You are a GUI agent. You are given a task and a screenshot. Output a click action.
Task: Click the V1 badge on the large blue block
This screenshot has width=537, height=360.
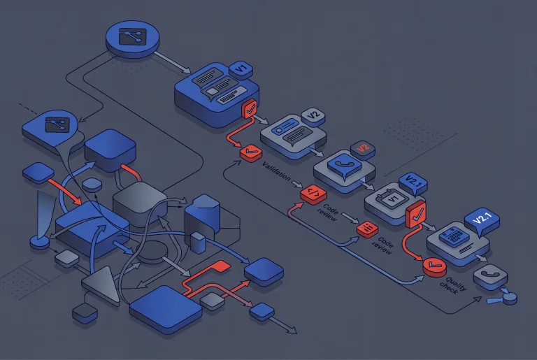click(x=241, y=69)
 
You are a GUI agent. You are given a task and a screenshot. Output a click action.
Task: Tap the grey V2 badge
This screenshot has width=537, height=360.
click(x=313, y=116)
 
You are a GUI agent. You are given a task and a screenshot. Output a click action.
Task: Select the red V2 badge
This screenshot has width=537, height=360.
click(x=363, y=149)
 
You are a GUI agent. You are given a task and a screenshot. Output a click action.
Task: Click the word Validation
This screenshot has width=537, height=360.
click(x=275, y=171)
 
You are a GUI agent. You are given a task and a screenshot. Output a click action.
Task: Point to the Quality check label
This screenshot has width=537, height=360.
click(x=453, y=285)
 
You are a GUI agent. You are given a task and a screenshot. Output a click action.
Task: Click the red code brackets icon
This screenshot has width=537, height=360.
click(x=313, y=194)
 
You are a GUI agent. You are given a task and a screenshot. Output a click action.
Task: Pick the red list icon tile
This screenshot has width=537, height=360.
click(x=367, y=229)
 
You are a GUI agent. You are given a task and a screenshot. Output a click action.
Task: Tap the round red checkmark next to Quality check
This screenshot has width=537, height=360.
click(x=434, y=266)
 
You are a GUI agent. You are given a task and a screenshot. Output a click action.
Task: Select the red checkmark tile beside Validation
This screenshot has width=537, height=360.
click(x=251, y=152)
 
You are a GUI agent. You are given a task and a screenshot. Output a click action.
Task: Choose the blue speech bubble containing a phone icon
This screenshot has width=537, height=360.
click(x=345, y=166)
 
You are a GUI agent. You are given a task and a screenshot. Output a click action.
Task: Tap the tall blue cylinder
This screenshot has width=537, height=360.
click(x=202, y=219)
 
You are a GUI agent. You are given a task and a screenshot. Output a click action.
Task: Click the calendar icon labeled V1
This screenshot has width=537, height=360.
click(x=391, y=197)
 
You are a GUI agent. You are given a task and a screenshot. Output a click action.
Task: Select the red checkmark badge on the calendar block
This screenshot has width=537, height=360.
click(x=416, y=215)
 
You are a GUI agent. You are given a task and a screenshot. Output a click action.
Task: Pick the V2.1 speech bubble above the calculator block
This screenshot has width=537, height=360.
click(x=482, y=220)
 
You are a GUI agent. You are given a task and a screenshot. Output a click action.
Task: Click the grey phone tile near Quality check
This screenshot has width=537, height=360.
click(x=490, y=276)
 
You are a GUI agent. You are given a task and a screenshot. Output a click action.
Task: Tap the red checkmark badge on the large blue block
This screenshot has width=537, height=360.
click(x=250, y=108)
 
